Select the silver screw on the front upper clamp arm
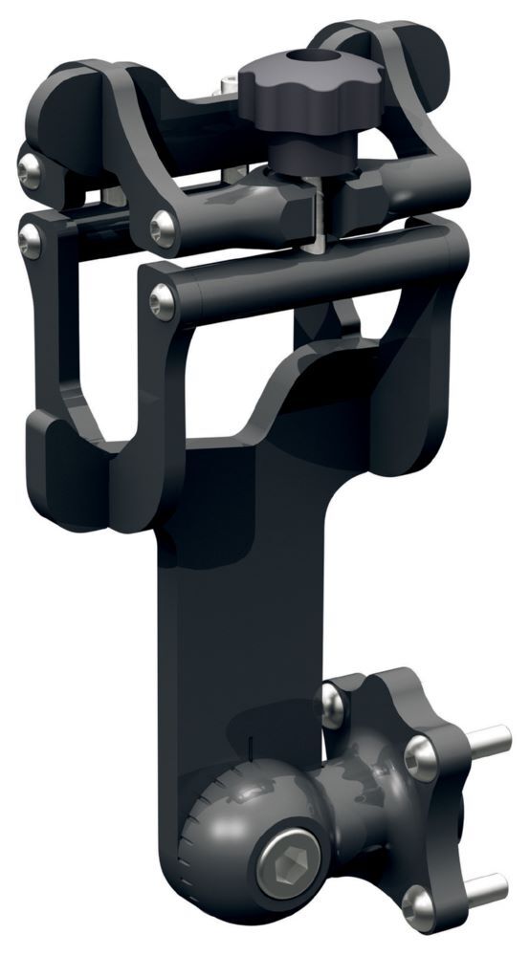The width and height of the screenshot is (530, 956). coord(163,227)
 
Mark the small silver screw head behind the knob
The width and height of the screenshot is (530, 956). coord(230,87)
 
